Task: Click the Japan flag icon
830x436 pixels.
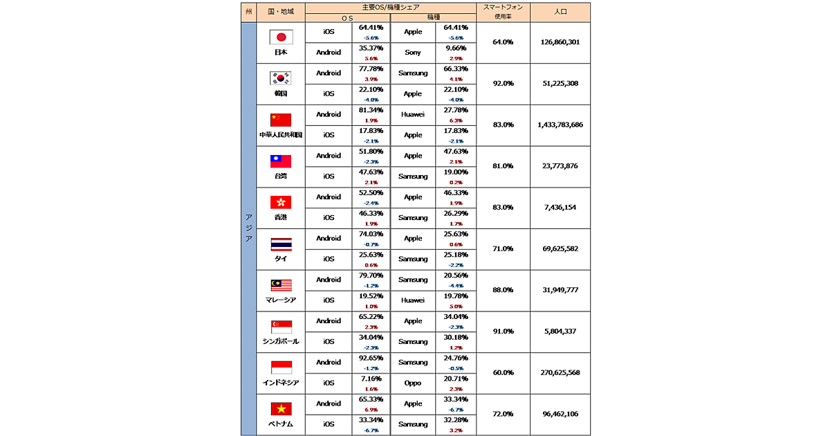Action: (x=281, y=37)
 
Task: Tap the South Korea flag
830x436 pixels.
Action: (x=281, y=78)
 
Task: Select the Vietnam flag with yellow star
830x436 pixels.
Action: (x=281, y=409)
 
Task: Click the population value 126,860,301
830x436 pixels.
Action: (x=560, y=42)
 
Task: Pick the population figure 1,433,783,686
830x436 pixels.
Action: (x=560, y=125)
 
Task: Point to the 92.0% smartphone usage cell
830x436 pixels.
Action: (x=503, y=83)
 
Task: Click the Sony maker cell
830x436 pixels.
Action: (x=413, y=53)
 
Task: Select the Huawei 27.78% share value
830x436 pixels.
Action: (x=457, y=110)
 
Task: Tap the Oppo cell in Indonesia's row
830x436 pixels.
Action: (x=413, y=383)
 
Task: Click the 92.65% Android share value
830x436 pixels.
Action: (x=371, y=358)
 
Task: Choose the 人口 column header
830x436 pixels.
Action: (x=560, y=12)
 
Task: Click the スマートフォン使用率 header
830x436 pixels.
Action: (x=503, y=12)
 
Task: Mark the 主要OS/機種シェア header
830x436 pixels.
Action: (x=390, y=6)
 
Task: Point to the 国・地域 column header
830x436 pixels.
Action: (x=280, y=12)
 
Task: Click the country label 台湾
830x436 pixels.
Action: (x=280, y=176)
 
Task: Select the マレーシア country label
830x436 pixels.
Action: (x=280, y=300)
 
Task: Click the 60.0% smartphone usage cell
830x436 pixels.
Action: (x=503, y=372)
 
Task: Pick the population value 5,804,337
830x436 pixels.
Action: (x=560, y=331)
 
